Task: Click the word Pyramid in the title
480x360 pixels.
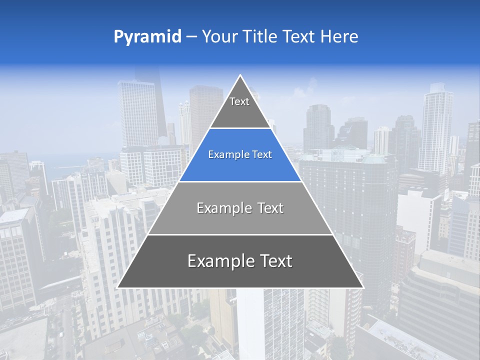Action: point(147,37)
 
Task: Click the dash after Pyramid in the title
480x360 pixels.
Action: point(191,37)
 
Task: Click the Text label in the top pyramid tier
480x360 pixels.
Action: point(239,102)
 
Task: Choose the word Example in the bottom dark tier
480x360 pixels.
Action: point(218,261)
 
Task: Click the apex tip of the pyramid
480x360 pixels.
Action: point(240,76)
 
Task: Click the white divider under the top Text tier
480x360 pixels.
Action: point(240,128)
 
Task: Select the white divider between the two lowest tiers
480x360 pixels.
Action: point(240,234)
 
